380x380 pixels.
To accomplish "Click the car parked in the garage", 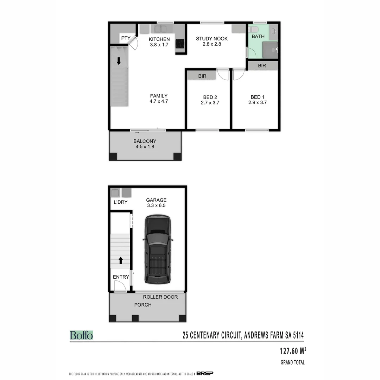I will [x=158, y=249].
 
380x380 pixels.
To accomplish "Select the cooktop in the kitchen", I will [x=180, y=43].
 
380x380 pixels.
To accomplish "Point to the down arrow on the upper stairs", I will [x=119, y=61].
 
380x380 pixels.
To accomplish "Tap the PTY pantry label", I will [x=126, y=38].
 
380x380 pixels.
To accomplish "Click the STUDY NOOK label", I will [x=212, y=39].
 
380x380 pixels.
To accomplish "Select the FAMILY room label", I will [x=159, y=96].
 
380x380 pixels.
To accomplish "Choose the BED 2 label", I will [x=210, y=97].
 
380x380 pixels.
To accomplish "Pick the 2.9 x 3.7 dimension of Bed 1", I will [x=255, y=103].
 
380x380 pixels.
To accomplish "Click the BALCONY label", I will [x=145, y=141].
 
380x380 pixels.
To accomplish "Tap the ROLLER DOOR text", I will [x=160, y=297].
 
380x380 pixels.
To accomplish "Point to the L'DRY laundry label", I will [x=120, y=202].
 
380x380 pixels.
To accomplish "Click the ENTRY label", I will [x=121, y=277].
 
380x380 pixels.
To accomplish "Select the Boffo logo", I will [x=81, y=335].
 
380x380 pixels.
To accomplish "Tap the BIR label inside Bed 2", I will [x=202, y=76].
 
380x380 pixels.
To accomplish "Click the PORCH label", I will [x=143, y=305].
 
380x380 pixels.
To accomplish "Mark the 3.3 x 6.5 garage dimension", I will [x=157, y=205].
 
